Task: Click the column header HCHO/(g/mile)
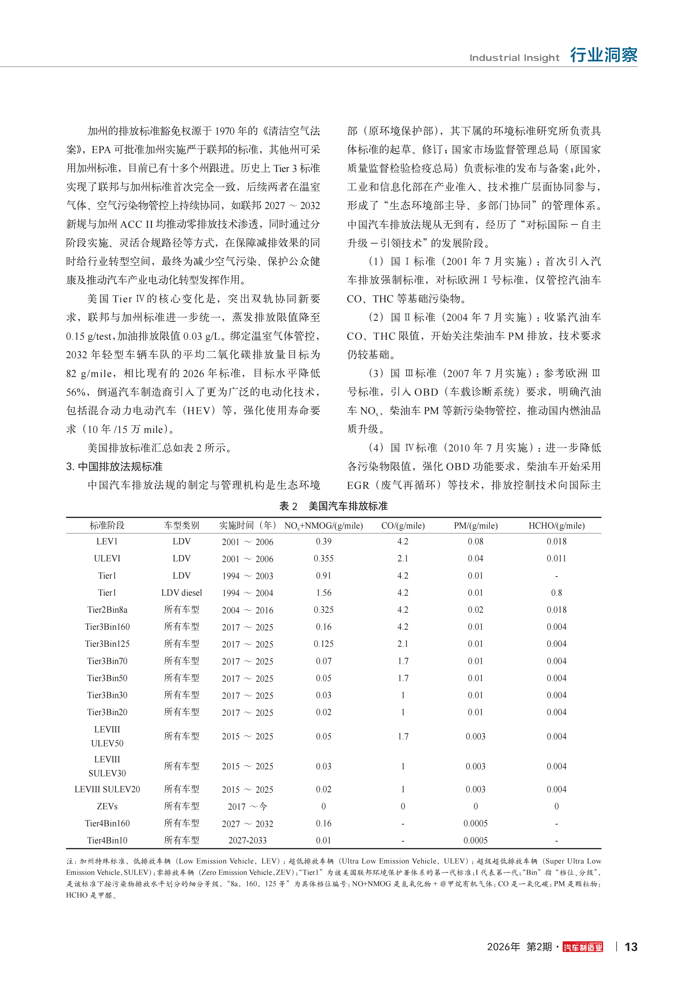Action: [556, 526]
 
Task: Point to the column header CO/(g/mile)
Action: [403, 526]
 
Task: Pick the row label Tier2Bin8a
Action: [107, 610]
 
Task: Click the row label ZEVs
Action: [107, 806]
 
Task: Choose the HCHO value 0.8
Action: [556, 593]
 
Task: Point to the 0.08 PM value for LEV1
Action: [475, 541]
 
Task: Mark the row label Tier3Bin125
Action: [107, 644]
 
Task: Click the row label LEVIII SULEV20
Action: [107, 789]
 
